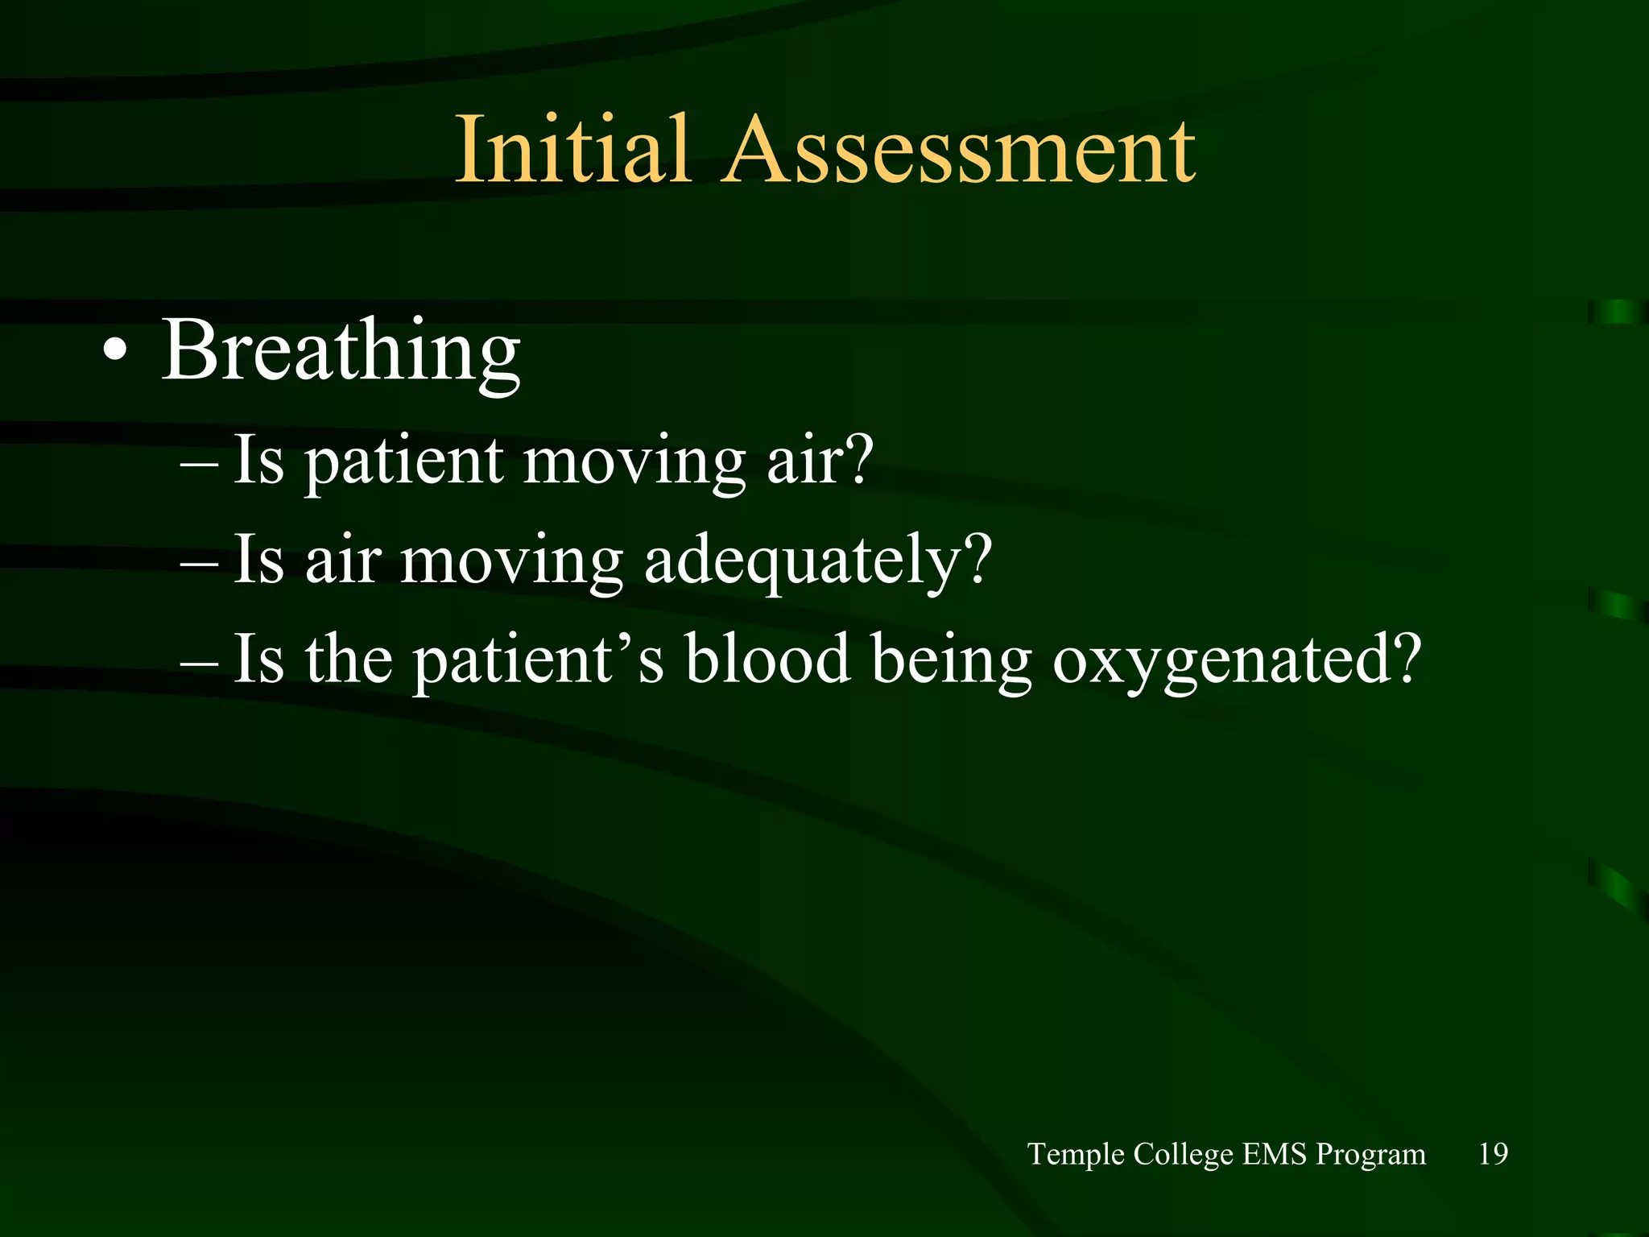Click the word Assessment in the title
(x=958, y=151)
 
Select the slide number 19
(x=1493, y=1154)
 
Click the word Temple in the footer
(x=1076, y=1154)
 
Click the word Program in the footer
(x=1370, y=1154)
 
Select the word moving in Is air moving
(x=511, y=561)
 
